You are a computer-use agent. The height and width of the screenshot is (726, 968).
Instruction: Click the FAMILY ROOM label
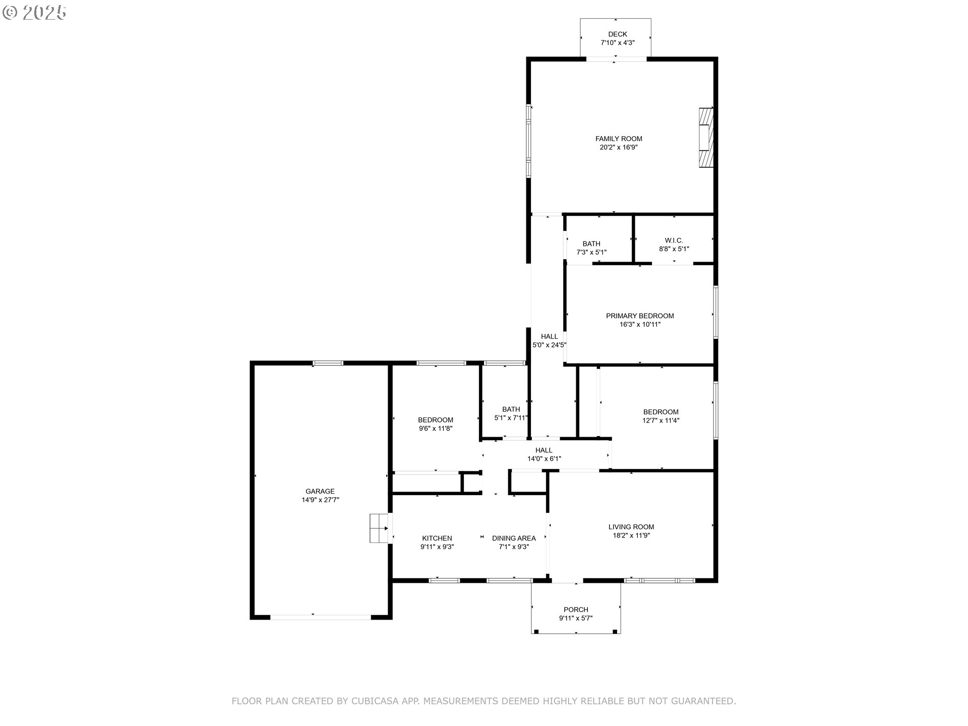point(619,139)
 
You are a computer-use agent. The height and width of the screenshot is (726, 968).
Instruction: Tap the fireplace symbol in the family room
point(706,137)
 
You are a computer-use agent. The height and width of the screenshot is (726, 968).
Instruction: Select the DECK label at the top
point(617,34)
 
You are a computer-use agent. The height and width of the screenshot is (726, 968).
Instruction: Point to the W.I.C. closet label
point(674,240)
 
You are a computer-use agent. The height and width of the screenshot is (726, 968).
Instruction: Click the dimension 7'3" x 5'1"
point(591,252)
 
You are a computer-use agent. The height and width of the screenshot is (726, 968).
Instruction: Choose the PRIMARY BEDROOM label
point(640,316)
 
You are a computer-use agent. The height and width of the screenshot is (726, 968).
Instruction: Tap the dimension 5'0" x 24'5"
point(550,345)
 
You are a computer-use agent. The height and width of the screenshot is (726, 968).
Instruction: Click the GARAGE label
point(320,492)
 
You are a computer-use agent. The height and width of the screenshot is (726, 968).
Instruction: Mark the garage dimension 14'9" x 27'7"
point(320,500)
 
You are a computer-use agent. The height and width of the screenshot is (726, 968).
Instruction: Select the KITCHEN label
point(437,538)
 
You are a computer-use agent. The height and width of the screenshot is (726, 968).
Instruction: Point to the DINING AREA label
point(514,538)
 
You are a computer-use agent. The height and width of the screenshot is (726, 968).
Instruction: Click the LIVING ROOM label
point(631,527)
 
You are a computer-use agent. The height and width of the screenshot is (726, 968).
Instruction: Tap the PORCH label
point(576,610)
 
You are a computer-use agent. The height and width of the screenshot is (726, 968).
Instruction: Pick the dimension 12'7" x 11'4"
point(661,420)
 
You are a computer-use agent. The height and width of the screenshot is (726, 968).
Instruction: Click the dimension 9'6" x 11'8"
point(436,429)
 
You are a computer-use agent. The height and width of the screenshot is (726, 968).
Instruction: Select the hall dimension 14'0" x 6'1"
point(544,459)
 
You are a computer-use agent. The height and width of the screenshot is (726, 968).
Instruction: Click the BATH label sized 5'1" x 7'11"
point(511,409)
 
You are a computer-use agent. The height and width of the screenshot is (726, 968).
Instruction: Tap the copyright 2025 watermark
point(34,13)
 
